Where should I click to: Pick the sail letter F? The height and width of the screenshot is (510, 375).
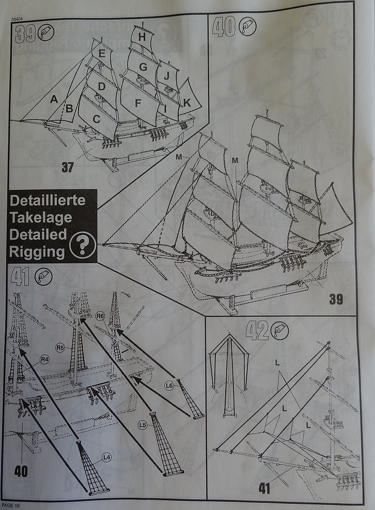pyautogui.click(x=137, y=103)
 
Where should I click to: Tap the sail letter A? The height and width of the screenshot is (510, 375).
pyautogui.click(x=53, y=101)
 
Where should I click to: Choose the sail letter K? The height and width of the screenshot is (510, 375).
pyautogui.click(x=186, y=103)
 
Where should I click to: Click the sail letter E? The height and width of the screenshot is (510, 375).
pyautogui.click(x=101, y=53)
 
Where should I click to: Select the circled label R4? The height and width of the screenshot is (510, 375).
pyautogui.click(x=44, y=359)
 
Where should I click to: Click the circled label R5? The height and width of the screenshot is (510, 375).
pyautogui.click(x=60, y=347)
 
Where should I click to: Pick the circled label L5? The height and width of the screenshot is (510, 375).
pyautogui.click(x=143, y=424)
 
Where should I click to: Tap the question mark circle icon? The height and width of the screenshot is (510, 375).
pyautogui.click(x=84, y=245)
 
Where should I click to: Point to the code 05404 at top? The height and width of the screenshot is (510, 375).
pyautogui.click(x=17, y=19)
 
